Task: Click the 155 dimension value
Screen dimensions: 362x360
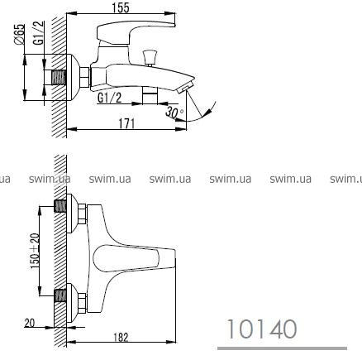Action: pyautogui.click(x=121, y=7)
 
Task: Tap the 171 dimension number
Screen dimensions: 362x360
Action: pyautogui.click(x=127, y=123)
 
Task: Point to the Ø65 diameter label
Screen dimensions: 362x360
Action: pyautogui.click(x=19, y=34)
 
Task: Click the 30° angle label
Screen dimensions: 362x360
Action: pyautogui.click(x=174, y=113)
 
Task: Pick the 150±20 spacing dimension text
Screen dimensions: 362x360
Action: pyautogui.click(x=35, y=251)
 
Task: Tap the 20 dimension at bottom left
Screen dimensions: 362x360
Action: pyautogui.click(x=30, y=323)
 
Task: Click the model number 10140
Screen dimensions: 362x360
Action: pyautogui.click(x=262, y=329)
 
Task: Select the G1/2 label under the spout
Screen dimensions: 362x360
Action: pyautogui.click(x=110, y=98)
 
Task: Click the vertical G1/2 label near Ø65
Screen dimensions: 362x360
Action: pyautogui.click(x=39, y=33)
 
